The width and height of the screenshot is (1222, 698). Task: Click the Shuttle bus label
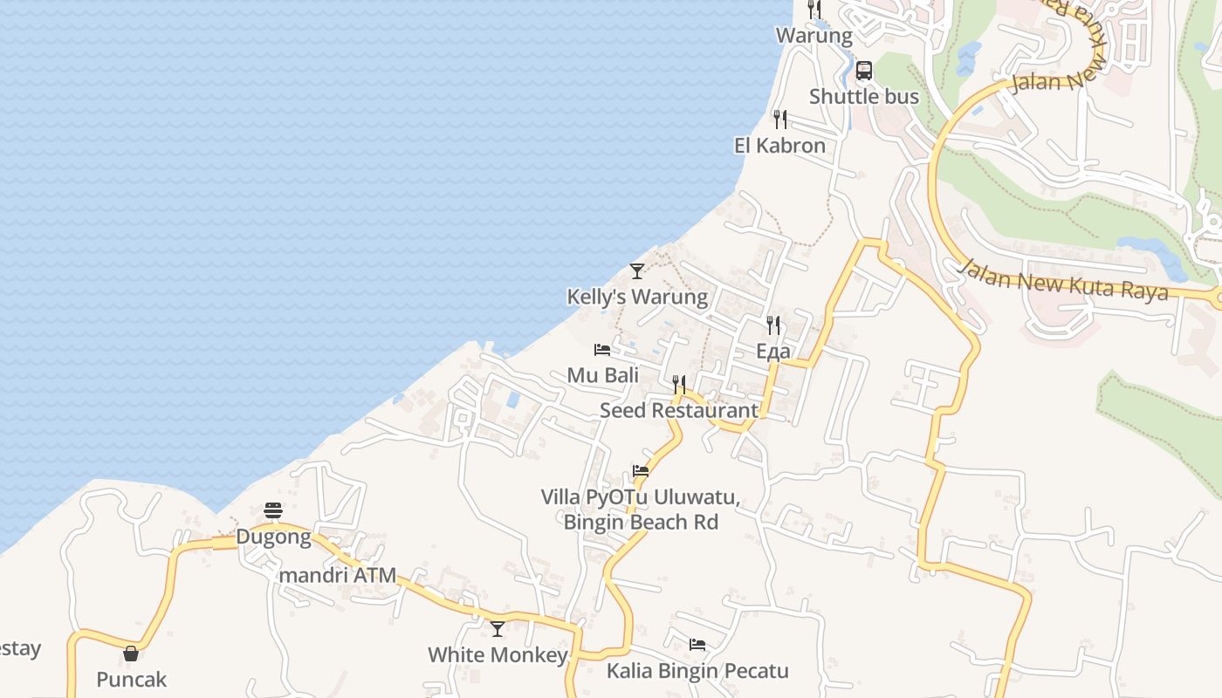(x=864, y=96)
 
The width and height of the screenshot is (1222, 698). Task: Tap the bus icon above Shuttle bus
(x=864, y=71)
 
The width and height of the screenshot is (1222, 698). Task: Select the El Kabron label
(x=779, y=146)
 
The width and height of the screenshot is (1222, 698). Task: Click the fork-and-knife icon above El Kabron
(x=779, y=119)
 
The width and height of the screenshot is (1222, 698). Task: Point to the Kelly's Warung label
(x=637, y=297)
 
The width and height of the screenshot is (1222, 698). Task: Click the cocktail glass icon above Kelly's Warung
(x=637, y=270)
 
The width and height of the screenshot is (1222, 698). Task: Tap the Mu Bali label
(x=602, y=375)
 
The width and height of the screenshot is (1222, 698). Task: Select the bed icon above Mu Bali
(x=602, y=350)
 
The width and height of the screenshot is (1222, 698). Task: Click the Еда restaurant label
(x=773, y=352)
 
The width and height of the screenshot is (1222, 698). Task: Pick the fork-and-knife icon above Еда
(x=773, y=325)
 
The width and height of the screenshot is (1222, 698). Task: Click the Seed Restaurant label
(x=679, y=410)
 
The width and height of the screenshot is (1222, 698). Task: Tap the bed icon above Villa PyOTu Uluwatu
(x=641, y=471)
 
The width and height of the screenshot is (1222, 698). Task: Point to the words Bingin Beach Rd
(x=641, y=522)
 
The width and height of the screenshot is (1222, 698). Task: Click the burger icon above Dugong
(x=273, y=510)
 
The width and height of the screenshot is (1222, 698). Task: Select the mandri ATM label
(x=337, y=576)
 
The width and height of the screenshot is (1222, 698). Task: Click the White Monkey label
(x=498, y=654)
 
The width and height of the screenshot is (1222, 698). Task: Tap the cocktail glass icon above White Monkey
(x=498, y=628)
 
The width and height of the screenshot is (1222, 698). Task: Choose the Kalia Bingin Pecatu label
(x=697, y=671)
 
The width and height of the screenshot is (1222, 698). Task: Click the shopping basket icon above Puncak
(x=131, y=653)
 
